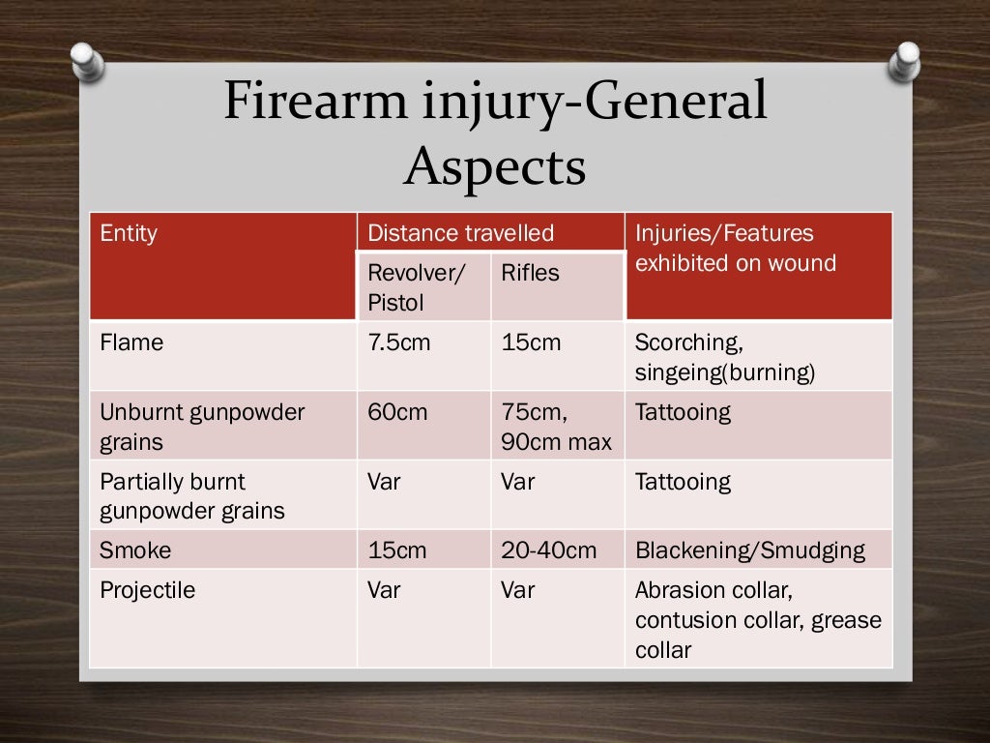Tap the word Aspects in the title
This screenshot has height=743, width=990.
coord(494,166)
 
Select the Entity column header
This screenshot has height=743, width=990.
coord(129,233)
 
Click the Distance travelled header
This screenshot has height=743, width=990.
coord(460,233)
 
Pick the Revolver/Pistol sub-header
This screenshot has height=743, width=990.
coord(417,287)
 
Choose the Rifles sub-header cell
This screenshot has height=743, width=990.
coord(530,273)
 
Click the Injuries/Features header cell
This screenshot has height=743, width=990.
coord(735,248)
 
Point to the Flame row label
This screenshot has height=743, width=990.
coord(131,342)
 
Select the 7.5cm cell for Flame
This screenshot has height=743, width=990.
coord(398,342)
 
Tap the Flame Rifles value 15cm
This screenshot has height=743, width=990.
coord(531,342)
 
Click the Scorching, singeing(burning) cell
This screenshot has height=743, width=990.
coord(725,357)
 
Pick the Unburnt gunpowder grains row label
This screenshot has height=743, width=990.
coord(202,427)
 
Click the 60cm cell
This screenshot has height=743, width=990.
coord(397,412)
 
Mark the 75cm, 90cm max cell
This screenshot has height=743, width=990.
coord(556,427)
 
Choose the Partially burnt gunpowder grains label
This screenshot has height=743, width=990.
coord(192,495)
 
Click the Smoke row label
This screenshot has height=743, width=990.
coord(135,550)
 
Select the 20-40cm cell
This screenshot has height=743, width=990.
coord(548,550)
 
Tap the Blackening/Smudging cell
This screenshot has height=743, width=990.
coord(749,550)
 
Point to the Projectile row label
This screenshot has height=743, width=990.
coord(147,590)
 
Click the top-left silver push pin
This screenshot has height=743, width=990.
coord(87,60)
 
